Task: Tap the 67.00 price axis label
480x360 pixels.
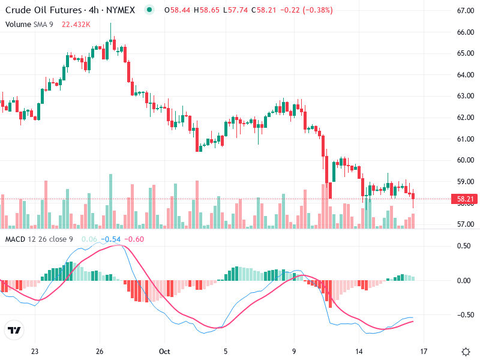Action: point(466,11)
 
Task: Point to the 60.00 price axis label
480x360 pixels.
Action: point(466,160)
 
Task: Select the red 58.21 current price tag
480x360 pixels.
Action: point(466,199)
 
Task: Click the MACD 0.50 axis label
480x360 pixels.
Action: point(465,246)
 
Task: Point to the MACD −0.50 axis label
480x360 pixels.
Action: point(464,315)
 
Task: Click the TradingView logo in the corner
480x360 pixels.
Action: point(14,331)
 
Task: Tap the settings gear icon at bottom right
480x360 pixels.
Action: point(465,352)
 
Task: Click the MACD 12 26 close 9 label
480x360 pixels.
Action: point(39,239)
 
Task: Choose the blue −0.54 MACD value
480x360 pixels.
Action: point(110,239)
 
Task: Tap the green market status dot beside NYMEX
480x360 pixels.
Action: point(149,10)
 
